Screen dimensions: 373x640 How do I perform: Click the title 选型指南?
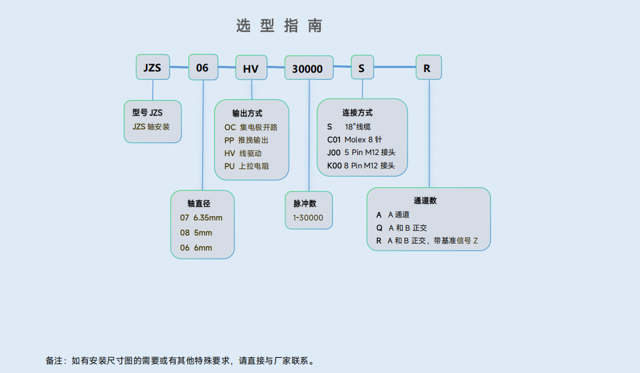279,25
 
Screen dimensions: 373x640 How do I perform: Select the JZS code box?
152,67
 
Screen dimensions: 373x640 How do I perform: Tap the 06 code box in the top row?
202,67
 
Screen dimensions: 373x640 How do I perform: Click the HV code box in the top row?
251,68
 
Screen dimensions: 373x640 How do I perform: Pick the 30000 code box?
308,68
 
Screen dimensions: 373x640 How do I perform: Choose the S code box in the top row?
361,68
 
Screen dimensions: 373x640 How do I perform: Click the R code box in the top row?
427,68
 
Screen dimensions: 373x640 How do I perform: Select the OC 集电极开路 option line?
251,127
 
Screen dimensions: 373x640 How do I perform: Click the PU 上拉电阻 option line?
246,166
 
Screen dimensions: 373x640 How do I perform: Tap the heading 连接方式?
357,113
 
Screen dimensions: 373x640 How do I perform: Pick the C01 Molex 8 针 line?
355,139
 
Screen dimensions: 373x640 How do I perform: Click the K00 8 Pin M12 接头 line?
361,165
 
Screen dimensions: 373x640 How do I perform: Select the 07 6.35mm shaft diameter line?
201,217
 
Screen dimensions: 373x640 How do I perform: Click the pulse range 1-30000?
308,217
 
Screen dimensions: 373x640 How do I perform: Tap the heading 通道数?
425,200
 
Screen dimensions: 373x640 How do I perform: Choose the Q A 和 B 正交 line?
402,228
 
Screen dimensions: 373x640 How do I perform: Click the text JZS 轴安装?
151,127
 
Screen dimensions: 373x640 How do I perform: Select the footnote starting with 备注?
180,360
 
